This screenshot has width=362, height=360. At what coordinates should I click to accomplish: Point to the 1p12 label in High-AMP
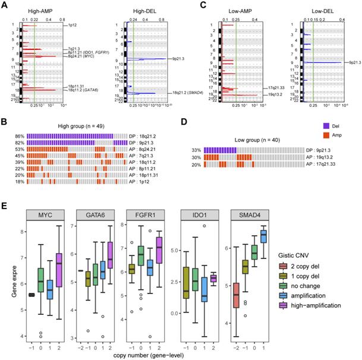(73, 26)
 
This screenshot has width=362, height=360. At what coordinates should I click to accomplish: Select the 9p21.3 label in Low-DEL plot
(352, 62)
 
